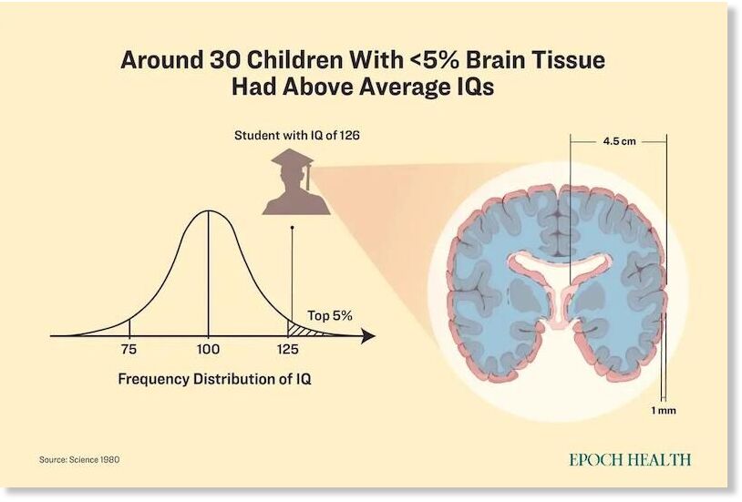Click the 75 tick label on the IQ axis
[x=129, y=349]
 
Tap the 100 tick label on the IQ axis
[x=208, y=349]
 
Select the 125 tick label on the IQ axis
[x=288, y=349]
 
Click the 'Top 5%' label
[x=330, y=315]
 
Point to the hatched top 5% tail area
[x=301, y=330]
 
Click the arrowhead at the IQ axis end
[x=368, y=336]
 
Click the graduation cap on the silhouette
[x=293, y=161]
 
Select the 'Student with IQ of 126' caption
[x=297, y=136]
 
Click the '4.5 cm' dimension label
[x=620, y=141]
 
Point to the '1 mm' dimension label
[x=664, y=411]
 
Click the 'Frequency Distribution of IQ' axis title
[x=214, y=379]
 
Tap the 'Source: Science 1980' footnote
[x=79, y=459]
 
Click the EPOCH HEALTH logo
[x=630, y=459]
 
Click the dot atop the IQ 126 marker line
[x=292, y=228]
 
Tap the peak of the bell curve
[x=208, y=211]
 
